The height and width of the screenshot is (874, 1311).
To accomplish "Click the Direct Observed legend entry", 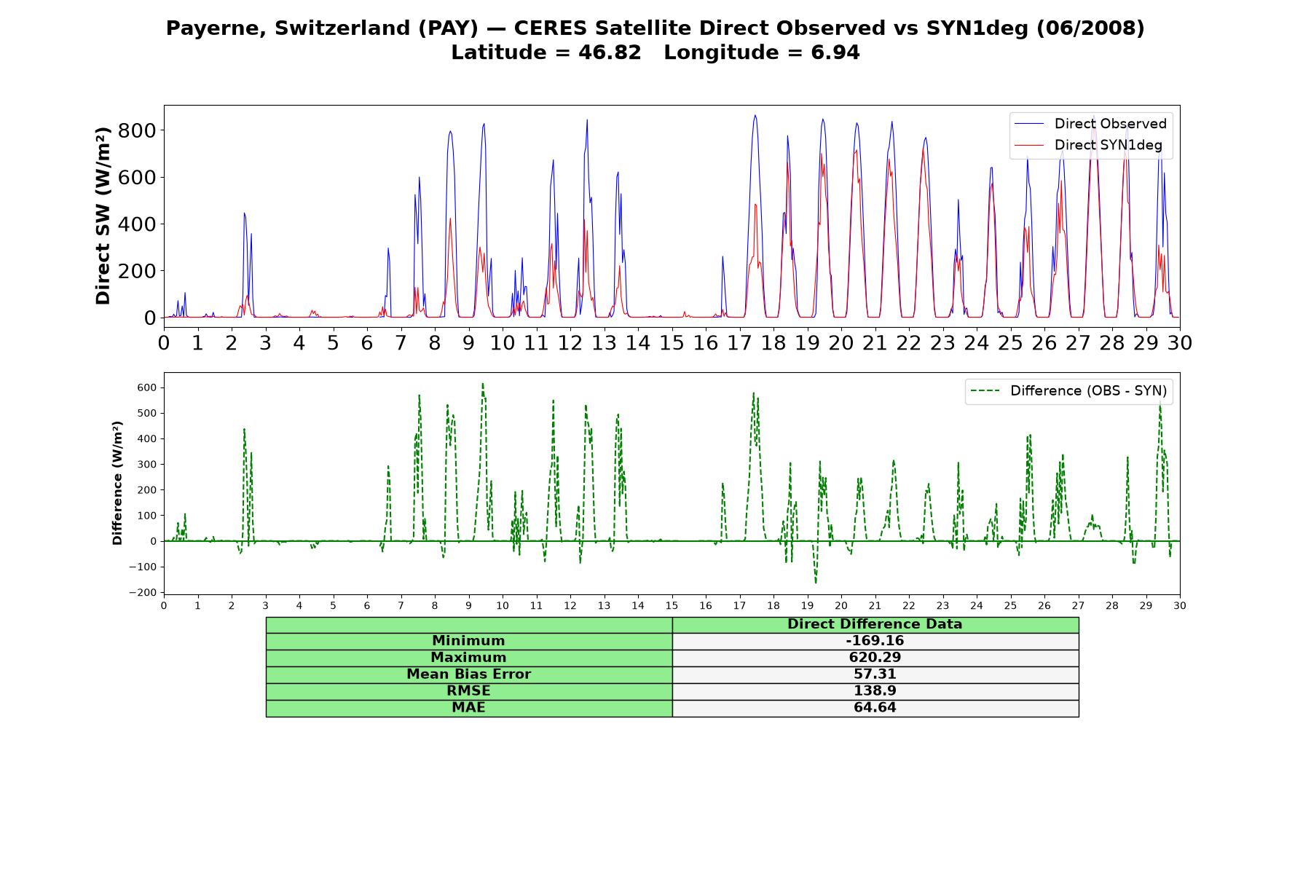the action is coord(1090,124).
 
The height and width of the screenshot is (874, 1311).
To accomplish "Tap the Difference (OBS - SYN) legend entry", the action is coord(1068,391).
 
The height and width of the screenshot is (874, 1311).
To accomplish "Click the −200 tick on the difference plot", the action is coord(143,593).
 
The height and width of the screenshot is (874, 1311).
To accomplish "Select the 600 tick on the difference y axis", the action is coord(146,387).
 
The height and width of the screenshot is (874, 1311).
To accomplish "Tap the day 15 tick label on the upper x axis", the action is coord(672,342).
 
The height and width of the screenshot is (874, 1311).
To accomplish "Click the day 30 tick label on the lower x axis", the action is coord(1180,605).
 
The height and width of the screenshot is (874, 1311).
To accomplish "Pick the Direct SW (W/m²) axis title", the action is coord(103,216).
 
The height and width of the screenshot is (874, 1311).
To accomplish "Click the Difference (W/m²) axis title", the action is coord(117,483).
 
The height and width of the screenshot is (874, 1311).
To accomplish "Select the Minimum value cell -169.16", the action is coord(875,641).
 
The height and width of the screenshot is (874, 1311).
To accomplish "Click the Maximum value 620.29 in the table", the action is coord(875,658).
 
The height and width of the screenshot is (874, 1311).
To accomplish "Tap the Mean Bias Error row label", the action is coord(468,674).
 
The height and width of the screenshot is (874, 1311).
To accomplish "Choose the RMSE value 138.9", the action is coord(875,691).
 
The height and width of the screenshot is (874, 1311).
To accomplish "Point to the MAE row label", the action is coord(468,708).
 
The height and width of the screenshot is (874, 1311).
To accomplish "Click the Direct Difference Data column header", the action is coord(875,624).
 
